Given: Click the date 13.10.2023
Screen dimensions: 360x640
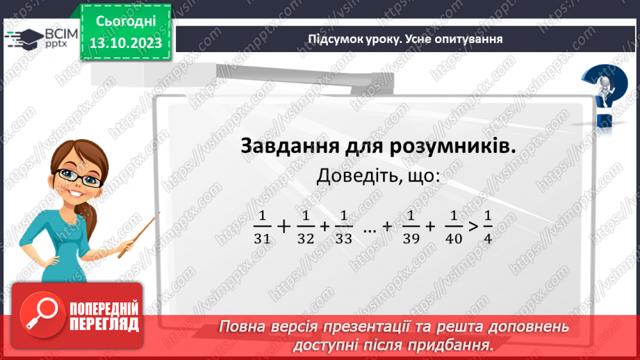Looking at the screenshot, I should pyautogui.click(x=125, y=43).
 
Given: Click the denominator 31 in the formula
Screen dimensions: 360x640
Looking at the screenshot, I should pyautogui.click(x=261, y=238).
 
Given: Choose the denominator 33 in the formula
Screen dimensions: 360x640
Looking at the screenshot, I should pyautogui.click(x=343, y=238).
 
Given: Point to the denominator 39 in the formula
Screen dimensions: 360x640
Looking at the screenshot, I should pyautogui.click(x=411, y=238).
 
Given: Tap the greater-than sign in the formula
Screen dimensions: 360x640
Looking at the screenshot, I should pyautogui.click(x=472, y=227).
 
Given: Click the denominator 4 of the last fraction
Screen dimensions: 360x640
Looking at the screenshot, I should pyautogui.click(x=487, y=238).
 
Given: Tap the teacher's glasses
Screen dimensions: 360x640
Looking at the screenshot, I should pyautogui.click(x=85, y=179).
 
